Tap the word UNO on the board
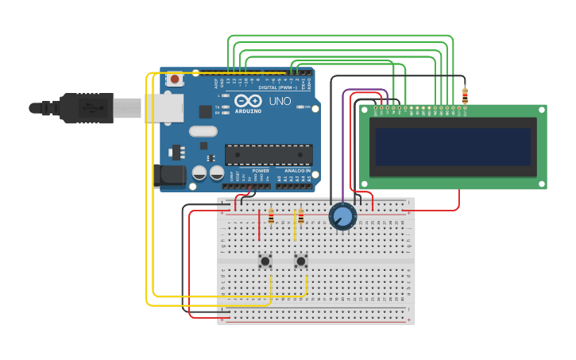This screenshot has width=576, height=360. (x=280, y=101)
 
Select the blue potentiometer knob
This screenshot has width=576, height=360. (x=342, y=216)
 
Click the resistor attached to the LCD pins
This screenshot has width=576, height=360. (x=465, y=96)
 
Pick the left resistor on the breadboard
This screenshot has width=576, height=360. (x=271, y=216)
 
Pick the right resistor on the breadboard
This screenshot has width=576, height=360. (x=300, y=216)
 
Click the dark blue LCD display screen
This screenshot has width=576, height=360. (x=453, y=147)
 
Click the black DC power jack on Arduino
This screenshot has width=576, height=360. (x=171, y=176)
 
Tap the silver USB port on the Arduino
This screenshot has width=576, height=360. (x=163, y=107)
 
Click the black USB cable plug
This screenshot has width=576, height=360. (x=87, y=107)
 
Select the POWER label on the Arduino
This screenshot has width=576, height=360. (x=261, y=171)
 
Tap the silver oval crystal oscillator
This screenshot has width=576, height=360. (x=203, y=131)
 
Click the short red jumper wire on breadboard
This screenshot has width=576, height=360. (x=259, y=226)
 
